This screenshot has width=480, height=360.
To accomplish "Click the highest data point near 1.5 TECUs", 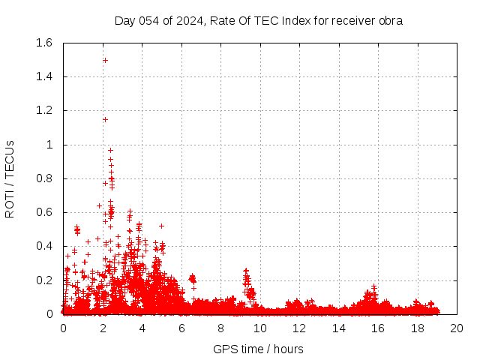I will pos(105,60).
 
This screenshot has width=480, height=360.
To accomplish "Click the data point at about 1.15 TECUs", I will pos(105,119).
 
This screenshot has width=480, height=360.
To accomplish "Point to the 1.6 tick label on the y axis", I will pos(43,43).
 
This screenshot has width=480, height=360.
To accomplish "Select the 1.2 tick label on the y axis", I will pos(43,110).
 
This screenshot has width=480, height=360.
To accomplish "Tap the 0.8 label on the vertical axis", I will pos(43,178).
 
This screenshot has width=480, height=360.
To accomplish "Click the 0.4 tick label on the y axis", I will pos(43,246).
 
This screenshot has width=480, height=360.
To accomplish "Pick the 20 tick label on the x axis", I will pos(457,328).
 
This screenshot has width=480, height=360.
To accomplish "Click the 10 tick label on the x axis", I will pos(259,328).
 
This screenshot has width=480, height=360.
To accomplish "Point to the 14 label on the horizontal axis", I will pos(338,328).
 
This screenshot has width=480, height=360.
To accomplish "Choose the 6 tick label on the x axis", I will pos(181,328).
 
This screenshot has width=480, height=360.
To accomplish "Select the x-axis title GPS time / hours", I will pos(259,349).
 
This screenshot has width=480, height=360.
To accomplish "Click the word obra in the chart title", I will pos(390,21).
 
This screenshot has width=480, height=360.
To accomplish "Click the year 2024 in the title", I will pos(190,21).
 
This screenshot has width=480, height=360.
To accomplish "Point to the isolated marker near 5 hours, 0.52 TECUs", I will pos(161,226).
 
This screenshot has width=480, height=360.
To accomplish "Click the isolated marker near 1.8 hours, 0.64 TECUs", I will pos(99,205).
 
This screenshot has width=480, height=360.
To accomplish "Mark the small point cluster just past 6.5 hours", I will pos(192,280).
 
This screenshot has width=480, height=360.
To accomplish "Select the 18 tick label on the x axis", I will pos(417,328).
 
